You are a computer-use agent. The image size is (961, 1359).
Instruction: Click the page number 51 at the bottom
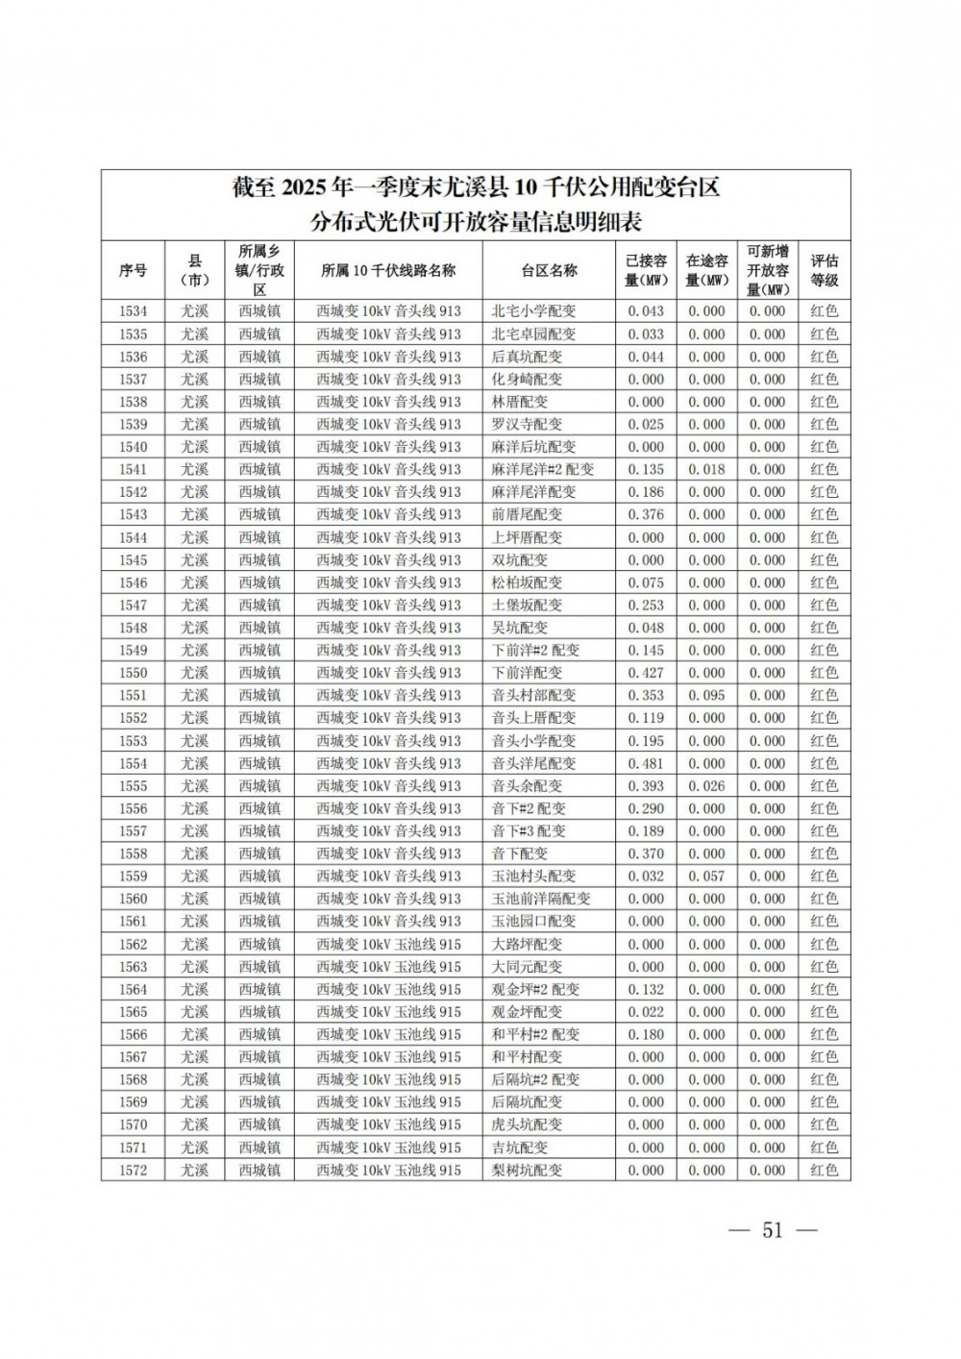[x=773, y=1231]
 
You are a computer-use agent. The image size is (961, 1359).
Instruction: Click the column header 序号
[x=133, y=271]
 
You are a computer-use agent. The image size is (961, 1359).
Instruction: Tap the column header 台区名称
[x=549, y=271]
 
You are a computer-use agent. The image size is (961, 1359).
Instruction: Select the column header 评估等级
[x=824, y=271]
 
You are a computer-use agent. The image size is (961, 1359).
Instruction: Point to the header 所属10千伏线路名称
[x=388, y=271]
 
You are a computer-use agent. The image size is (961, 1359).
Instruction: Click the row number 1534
[x=133, y=311]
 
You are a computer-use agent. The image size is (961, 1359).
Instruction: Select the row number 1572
[x=133, y=1170]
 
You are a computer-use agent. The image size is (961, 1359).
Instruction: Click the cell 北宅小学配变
[x=533, y=311]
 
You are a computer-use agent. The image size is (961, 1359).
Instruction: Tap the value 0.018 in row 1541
[x=706, y=470]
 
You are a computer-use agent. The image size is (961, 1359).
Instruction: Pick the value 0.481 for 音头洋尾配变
[x=646, y=763]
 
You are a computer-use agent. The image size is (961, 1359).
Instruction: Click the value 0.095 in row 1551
[x=706, y=696]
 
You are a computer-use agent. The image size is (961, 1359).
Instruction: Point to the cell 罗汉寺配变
[x=527, y=424]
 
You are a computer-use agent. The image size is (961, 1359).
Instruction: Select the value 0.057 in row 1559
[x=706, y=877]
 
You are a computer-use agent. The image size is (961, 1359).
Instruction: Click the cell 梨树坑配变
[x=527, y=1170]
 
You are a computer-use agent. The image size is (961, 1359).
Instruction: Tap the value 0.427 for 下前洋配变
[x=646, y=673]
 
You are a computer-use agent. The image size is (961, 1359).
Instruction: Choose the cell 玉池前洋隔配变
[x=541, y=899]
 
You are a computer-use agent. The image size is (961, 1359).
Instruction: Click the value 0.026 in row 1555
[x=706, y=786]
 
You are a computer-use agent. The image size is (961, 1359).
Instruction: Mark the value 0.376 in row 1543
[x=646, y=515]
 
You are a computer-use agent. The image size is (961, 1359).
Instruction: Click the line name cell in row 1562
[x=388, y=944]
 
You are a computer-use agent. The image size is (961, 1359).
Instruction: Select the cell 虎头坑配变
[x=527, y=1124]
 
